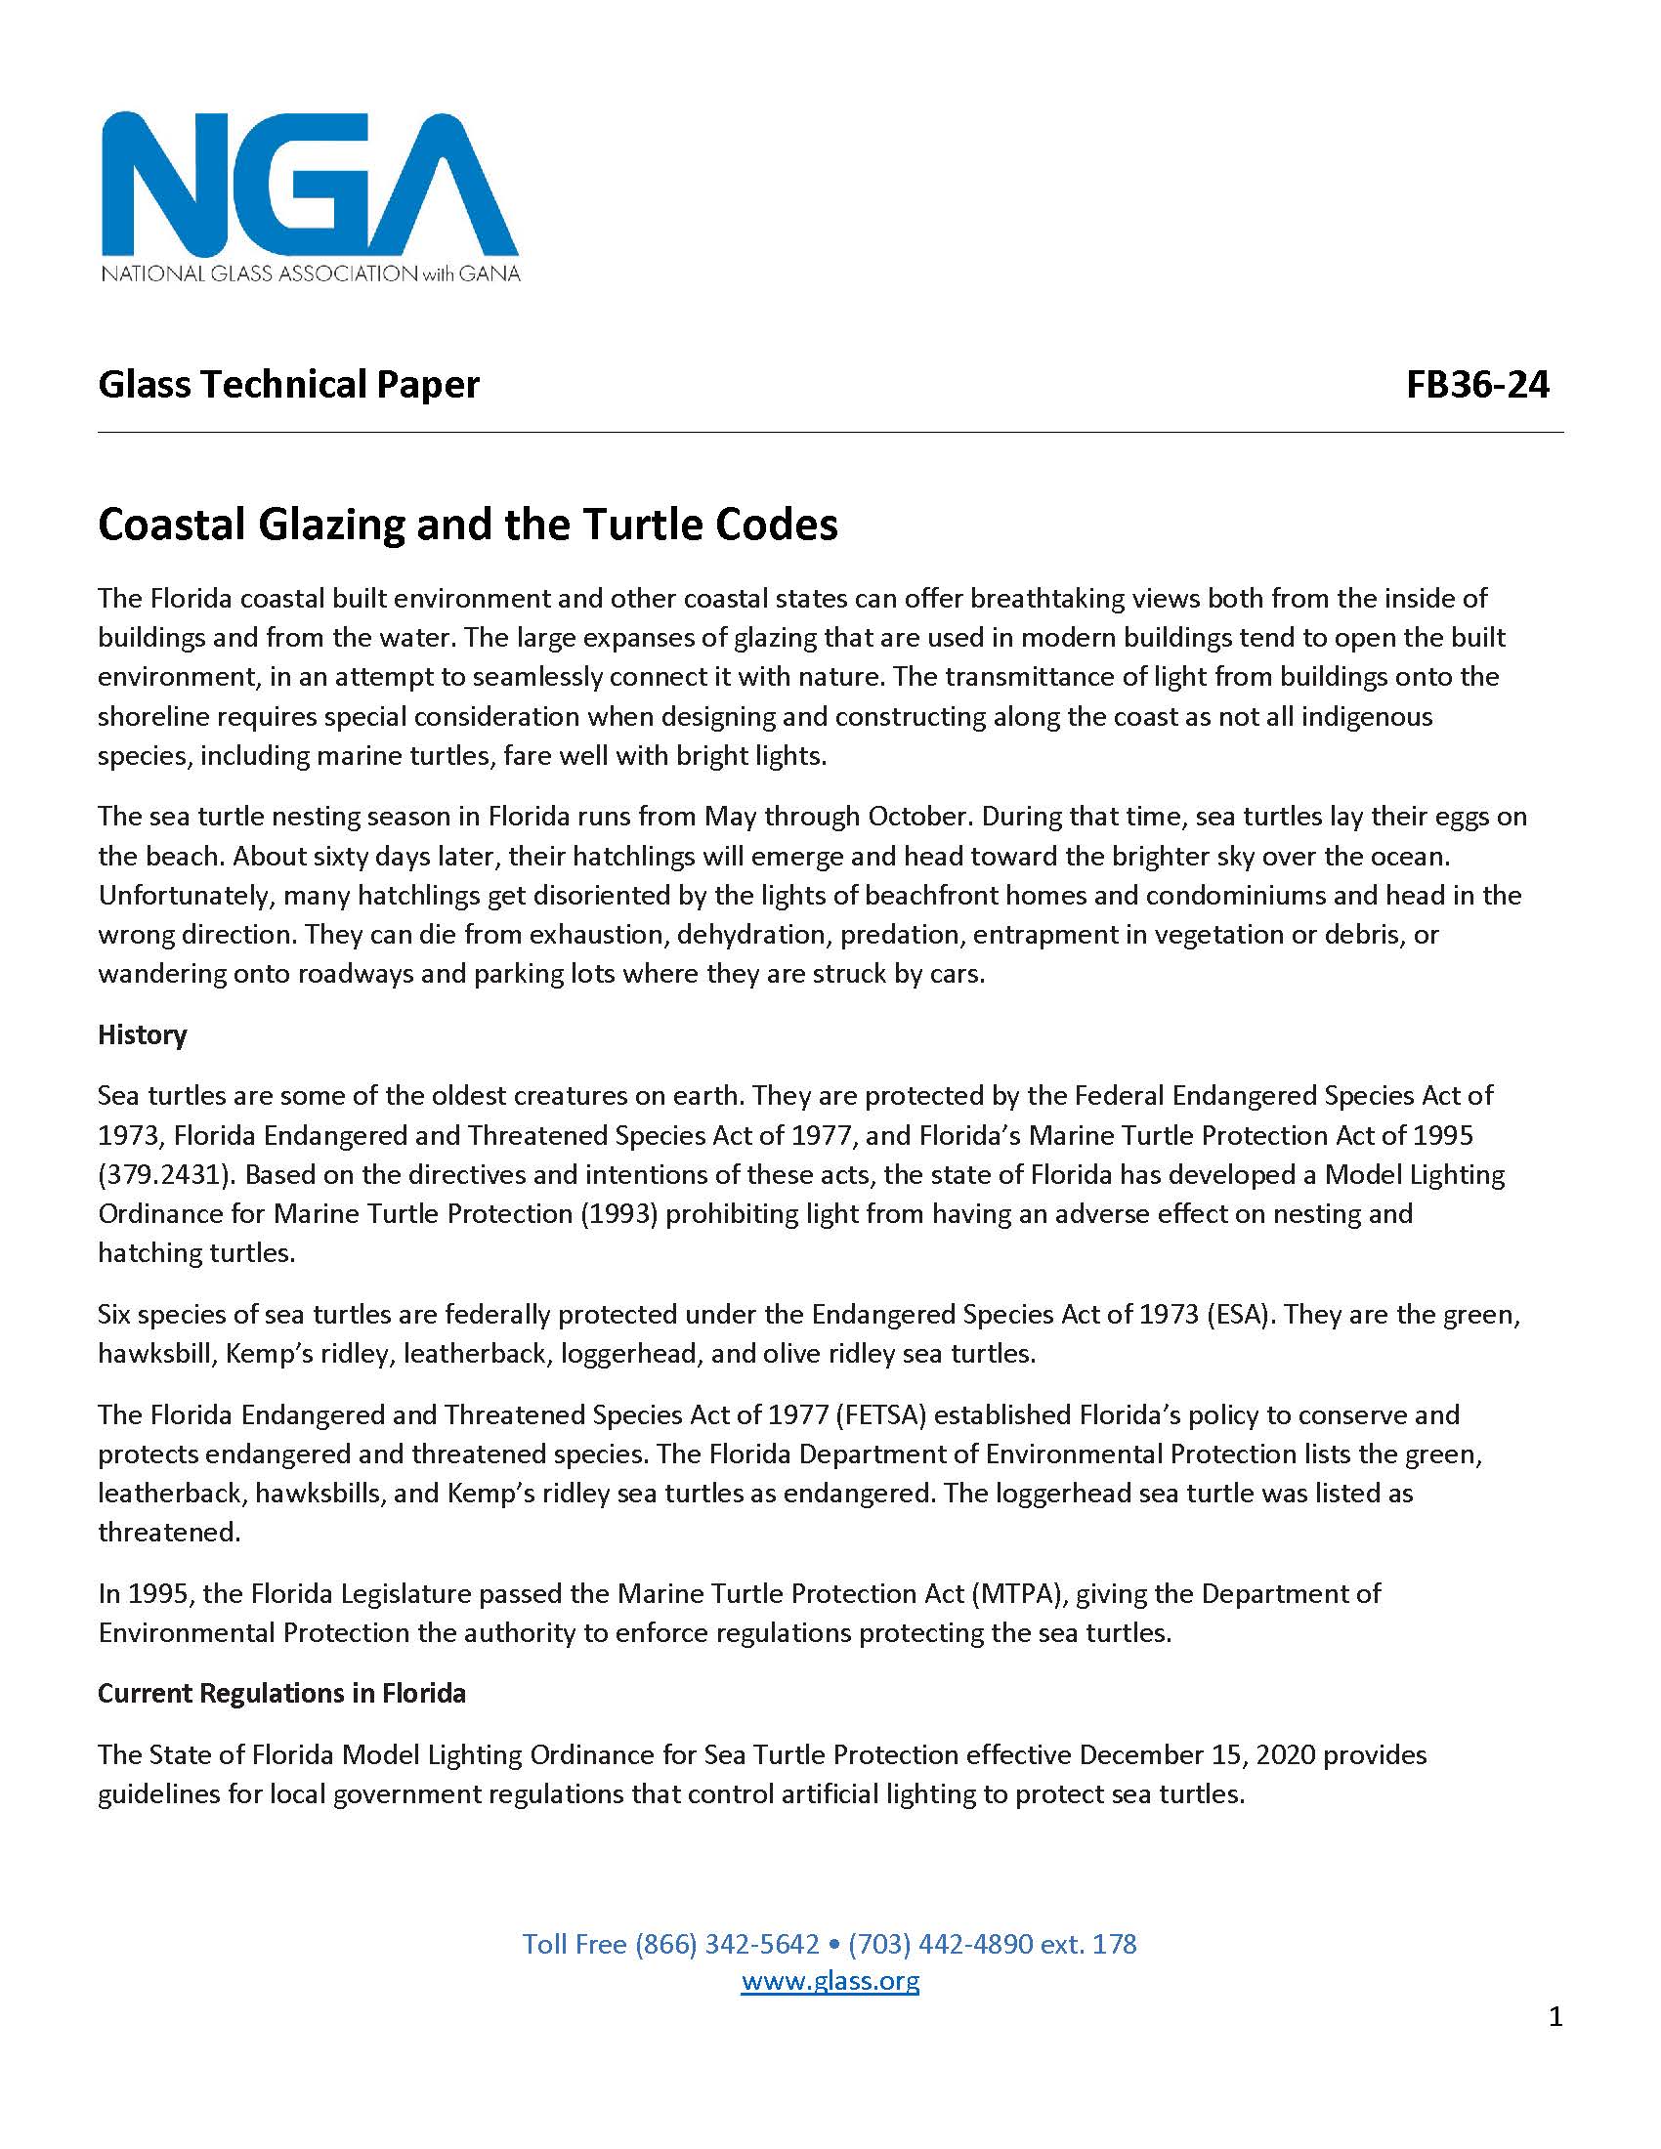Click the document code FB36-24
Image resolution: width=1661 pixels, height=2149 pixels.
(1477, 384)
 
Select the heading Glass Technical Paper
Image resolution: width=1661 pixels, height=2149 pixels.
(288, 384)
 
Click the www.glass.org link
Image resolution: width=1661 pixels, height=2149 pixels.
(830, 1980)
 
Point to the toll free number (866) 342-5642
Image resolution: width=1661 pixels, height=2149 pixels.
(726, 1943)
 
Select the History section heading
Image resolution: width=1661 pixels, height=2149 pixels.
(143, 1034)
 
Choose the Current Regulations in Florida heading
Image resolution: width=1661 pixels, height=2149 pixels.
(281, 1693)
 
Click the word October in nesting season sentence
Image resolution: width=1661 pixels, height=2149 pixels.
(919, 816)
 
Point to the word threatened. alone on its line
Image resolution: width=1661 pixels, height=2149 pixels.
(169, 1532)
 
